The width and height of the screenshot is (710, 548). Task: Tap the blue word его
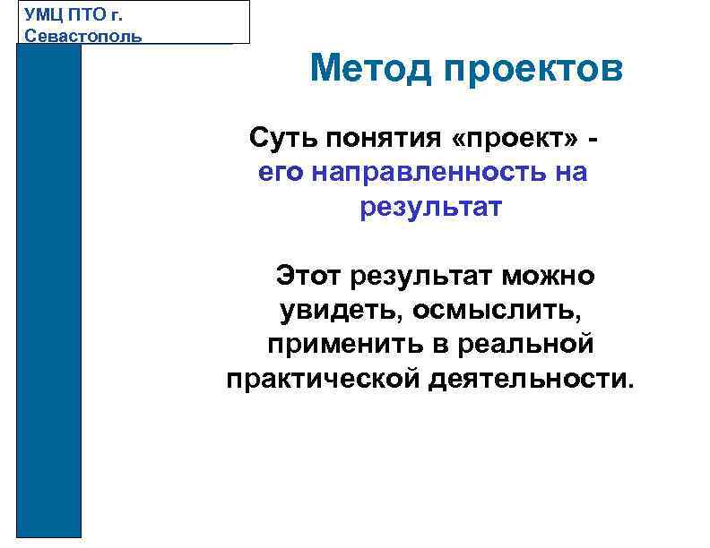[x=281, y=173]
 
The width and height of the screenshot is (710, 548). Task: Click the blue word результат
[x=431, y=208]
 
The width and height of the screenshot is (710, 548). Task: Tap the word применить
[x=336, y=344]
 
